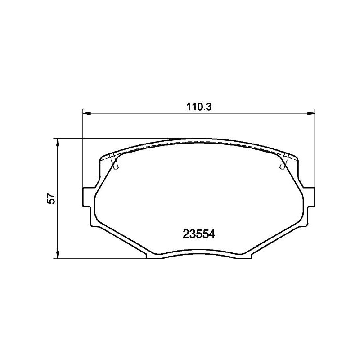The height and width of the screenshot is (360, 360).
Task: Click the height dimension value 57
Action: point(52,198)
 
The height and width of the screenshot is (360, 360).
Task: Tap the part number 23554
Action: point(200,234)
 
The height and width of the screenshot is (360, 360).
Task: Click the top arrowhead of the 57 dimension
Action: point(58,142)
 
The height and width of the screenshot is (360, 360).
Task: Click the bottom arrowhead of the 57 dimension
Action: point(58,255)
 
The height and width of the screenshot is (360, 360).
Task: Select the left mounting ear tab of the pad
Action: point(89,197)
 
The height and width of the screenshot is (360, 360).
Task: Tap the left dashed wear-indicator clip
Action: point(114,163)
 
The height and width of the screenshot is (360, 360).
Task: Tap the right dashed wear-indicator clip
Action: point(283,163)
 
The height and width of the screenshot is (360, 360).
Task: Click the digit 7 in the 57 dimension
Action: point(52,195)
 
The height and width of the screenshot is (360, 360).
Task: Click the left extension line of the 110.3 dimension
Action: point(83,148)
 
